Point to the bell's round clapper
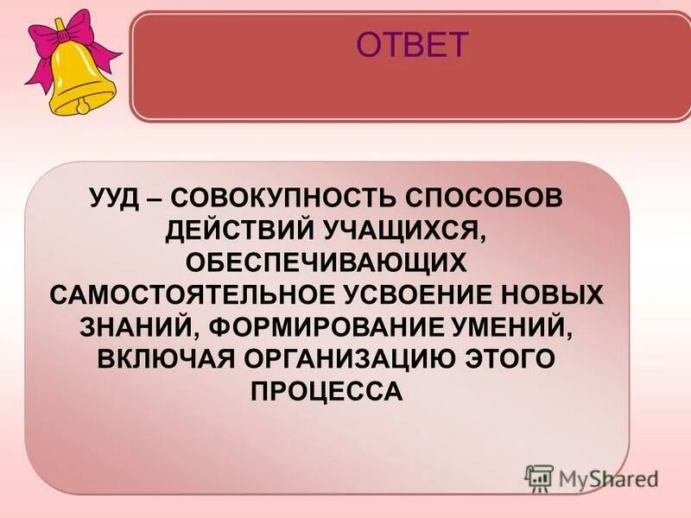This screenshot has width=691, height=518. click(x=83, y=107)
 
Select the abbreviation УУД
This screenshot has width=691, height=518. click(x=116, y=199)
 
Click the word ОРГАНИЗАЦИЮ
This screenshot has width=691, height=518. click(x=366, y=359)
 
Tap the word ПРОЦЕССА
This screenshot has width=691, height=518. click(x=327, y=391)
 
